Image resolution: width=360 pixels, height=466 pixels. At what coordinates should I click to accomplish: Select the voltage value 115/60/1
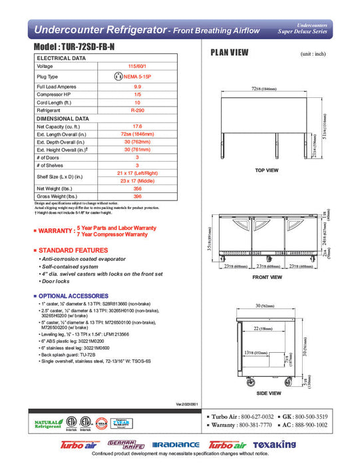tap(137, 66)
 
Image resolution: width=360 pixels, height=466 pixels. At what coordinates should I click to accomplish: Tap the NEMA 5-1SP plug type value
tap(137, 77)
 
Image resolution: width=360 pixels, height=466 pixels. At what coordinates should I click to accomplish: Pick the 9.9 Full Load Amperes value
tap(137, 87)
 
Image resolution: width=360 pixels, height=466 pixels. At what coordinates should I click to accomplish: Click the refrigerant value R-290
tap(137, 111)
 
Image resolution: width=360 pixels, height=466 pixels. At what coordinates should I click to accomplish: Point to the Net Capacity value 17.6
tap(137, 126)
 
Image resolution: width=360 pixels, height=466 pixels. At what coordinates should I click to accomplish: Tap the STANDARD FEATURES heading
tap(73, 250)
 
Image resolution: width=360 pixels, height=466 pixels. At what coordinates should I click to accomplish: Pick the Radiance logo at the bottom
tap(176, 445)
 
